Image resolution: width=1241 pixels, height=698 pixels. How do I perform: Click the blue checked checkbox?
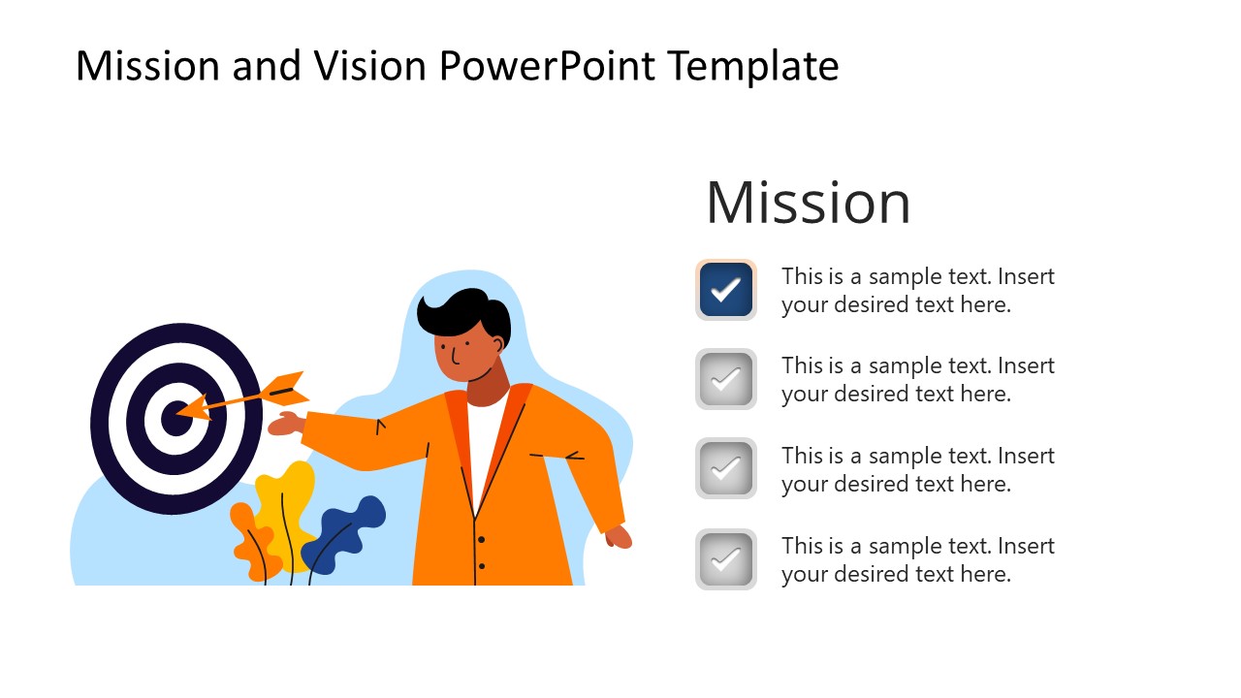click(725, 289)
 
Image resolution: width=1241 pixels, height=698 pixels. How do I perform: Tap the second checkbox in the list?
click(725, 379)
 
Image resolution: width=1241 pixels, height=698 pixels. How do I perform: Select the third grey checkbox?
click(725, 469)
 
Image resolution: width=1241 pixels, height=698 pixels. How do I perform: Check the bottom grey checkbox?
click(725, 559)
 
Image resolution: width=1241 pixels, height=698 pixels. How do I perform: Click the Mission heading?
click(808, 203)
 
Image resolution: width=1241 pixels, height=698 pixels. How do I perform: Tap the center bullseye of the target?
click(175, 419)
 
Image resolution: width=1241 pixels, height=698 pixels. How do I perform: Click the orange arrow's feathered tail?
click(288, 389)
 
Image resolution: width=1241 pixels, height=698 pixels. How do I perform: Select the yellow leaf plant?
click(286, 504)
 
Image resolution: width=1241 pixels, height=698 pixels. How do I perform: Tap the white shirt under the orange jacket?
click(482, 441)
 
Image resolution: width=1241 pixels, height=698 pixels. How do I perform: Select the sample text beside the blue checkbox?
click(917, 290)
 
